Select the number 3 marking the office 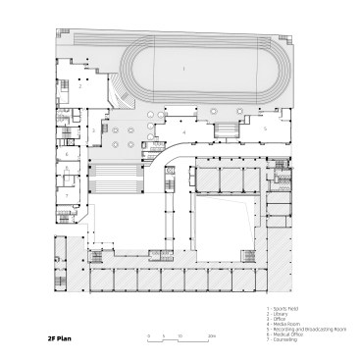pyautogui.click(x=93, y=129)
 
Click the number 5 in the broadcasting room pyautogui.click(x=262, y=129)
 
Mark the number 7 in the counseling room pyautogui.click(x=68, y=195)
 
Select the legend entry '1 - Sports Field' pyautogui.click(x=283, y=307)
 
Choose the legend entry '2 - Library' pyautogui.click(x=280, y=313)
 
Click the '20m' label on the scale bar pyautogui.click(x=212, y=336)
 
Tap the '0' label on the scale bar pyautogui.click(x=149, y=336)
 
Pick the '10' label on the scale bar pyautogui.click(x=180, y=336)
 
